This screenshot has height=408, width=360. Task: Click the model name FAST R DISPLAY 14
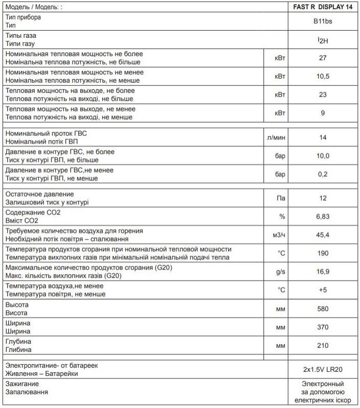pos(323,7)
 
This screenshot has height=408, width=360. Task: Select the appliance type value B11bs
pos(323,22)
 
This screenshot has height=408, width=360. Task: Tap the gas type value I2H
pos(323,40)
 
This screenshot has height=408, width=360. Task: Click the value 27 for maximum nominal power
pos(323,58)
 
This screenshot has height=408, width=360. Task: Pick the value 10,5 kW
pos(323,76)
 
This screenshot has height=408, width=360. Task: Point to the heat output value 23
pos(323,94)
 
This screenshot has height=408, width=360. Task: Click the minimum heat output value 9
pos(323,113)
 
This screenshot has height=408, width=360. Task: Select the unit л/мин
pos(280,137)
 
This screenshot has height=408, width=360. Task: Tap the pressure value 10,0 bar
pos(323,156)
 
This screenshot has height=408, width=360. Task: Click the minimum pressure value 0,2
pos(323,174)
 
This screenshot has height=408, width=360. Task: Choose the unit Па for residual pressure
pos(280,198)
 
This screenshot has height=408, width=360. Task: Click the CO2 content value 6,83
pos(323,217)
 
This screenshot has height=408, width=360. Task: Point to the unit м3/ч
pos(280,235)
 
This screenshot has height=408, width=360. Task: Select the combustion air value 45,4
pos(323,235)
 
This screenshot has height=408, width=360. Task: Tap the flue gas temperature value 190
pos(323,253)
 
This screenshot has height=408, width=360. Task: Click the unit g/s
pos(280,272)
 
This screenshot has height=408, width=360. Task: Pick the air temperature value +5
pos(323,290)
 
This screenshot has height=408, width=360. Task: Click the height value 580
pos(323,308)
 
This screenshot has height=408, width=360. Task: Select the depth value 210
pos(323,345)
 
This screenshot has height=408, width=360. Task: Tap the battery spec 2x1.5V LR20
pos(323,369)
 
